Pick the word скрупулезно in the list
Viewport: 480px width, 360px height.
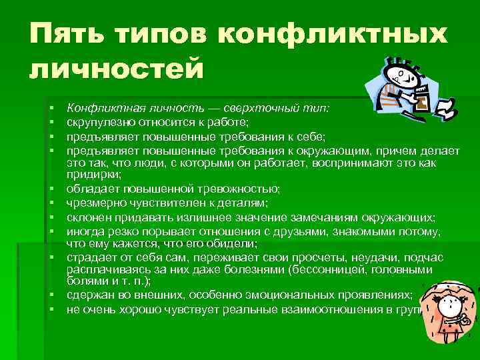(x=96, y=122)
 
